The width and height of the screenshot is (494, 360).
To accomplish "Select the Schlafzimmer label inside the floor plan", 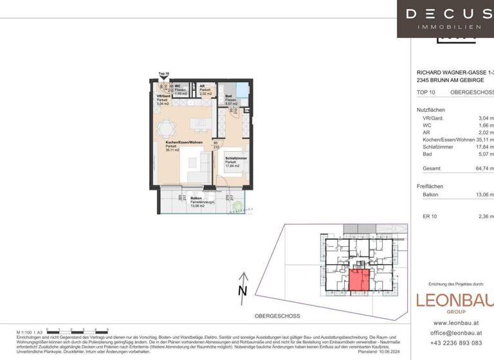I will [233, 157].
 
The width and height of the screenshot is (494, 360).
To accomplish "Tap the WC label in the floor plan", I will [178, 85].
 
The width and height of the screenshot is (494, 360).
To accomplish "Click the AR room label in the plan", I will [202, 85].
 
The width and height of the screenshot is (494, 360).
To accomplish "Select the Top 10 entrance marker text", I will [163, 74].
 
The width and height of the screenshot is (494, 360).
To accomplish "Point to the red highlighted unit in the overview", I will [359, 280].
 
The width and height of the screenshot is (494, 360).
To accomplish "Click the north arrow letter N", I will [242, 291].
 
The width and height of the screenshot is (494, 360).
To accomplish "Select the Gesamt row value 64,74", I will [486, 168].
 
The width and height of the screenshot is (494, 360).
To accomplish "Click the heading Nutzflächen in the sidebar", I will [431, 110].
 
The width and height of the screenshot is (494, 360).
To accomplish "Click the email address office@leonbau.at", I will [458, 333].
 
